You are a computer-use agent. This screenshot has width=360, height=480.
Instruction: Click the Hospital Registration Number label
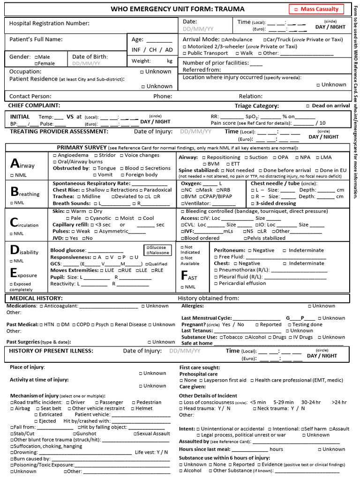[x=49, y=23]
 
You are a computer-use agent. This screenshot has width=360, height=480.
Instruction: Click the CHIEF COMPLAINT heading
[x=34, y=105]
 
